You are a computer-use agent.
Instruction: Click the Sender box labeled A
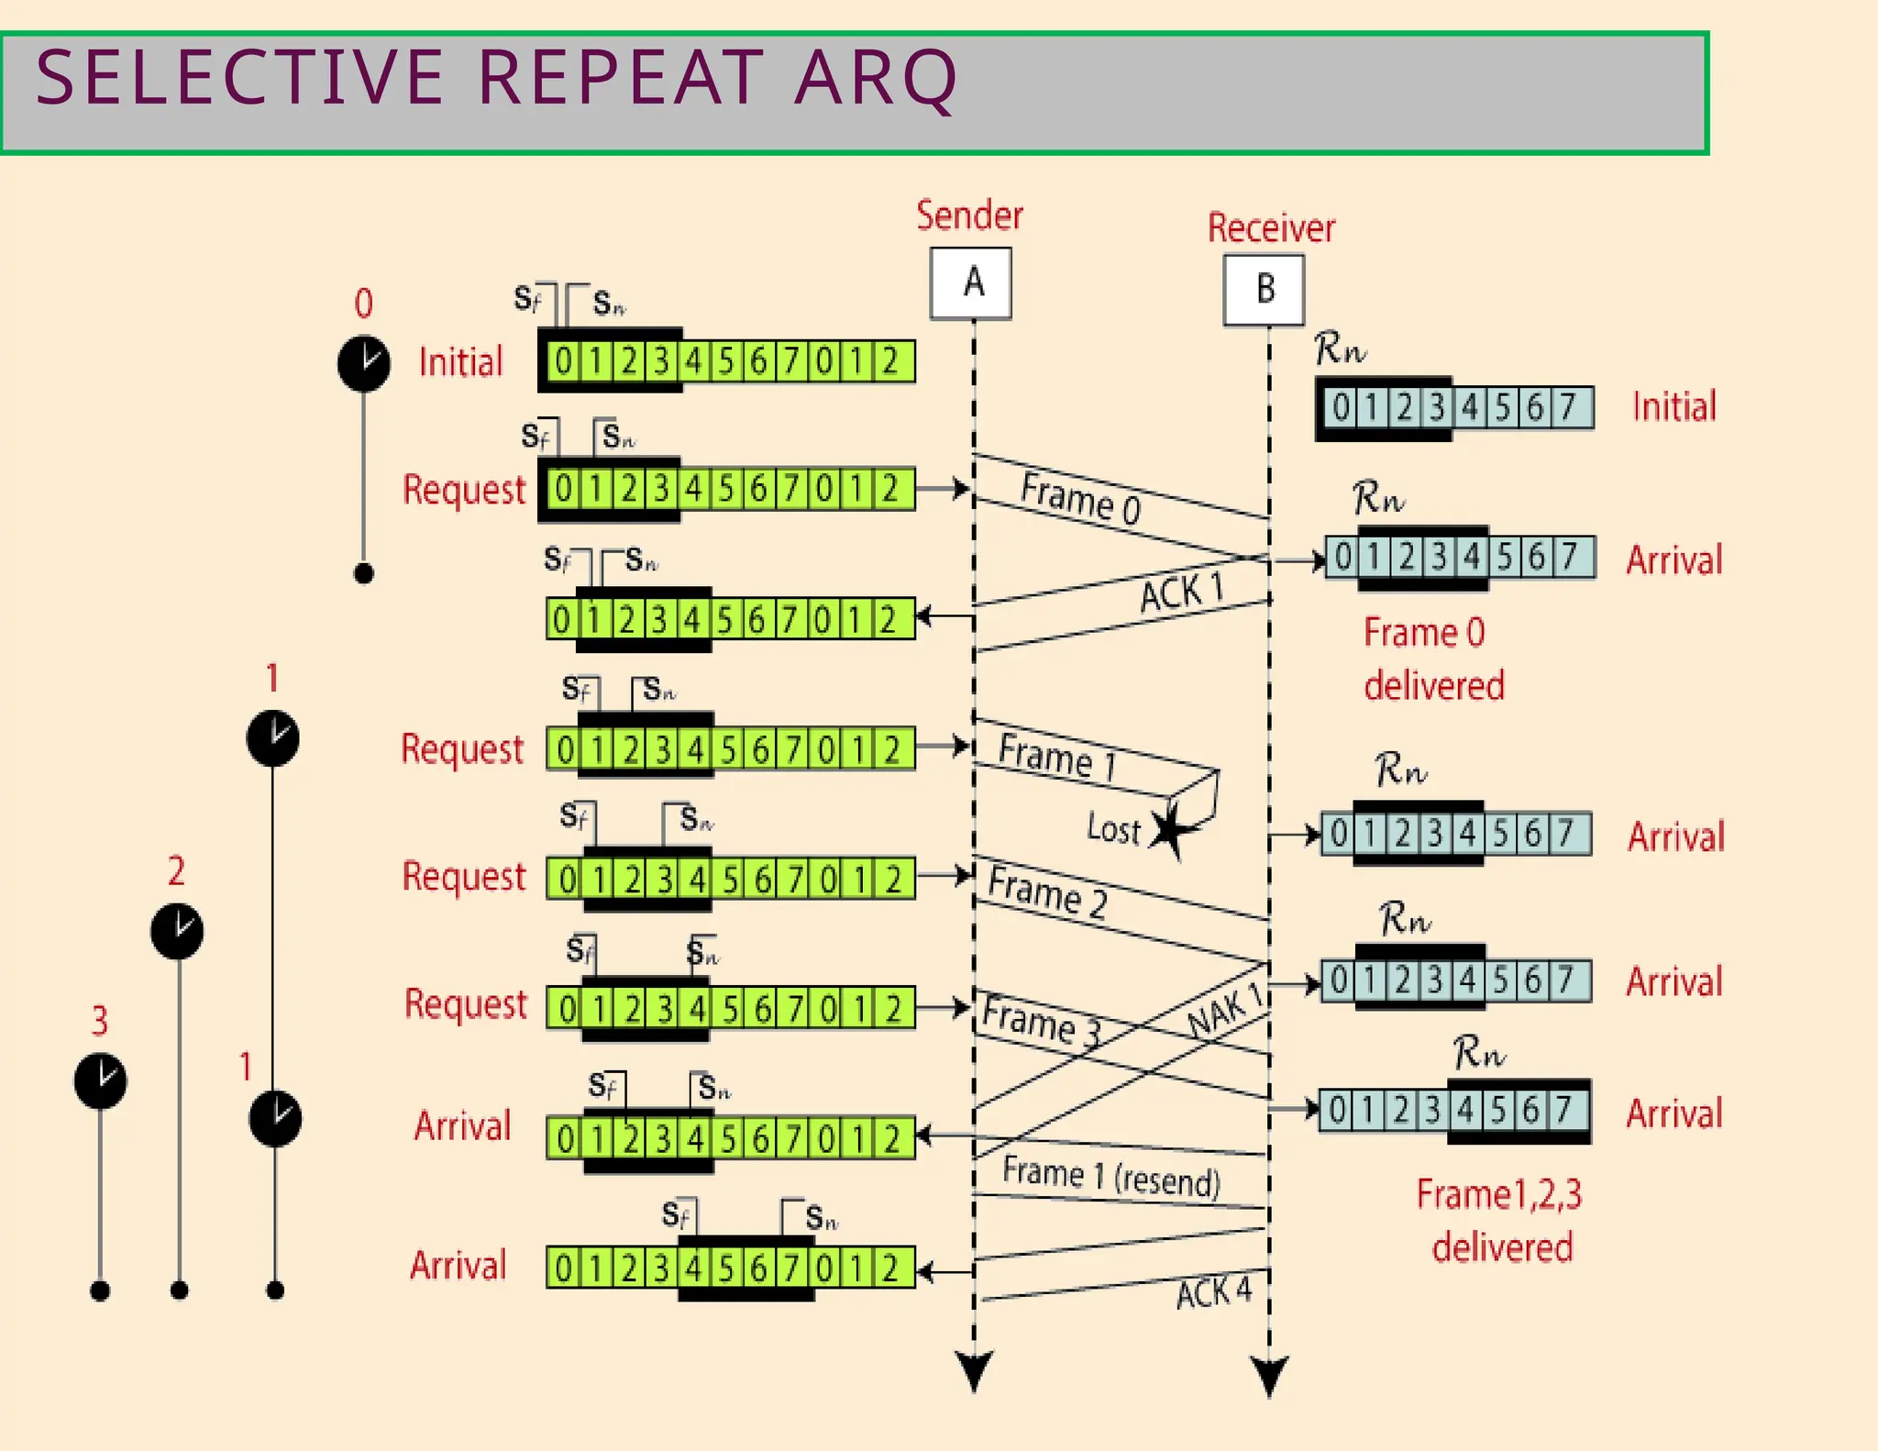point(971,283)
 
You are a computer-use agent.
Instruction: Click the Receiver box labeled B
point(1264,290)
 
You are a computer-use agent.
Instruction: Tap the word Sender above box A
point(969,216)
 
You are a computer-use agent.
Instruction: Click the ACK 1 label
point(1181,592)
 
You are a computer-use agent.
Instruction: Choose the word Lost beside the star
point(1113,828)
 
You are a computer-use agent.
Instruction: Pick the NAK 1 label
point(1225,1012)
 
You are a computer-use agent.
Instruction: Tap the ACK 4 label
point(1213,1292)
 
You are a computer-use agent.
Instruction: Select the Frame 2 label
point(1047,891)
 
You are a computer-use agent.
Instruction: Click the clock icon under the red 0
point(364,363)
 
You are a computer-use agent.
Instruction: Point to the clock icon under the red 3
point(100,1080)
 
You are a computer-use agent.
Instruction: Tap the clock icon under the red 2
point(177,931)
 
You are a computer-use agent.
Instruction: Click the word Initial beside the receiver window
point(1674,406)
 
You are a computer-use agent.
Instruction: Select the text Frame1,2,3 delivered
point(1500,1220)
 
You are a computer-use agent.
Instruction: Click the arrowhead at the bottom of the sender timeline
point(974,1370)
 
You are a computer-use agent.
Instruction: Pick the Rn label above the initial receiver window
point(1339,349)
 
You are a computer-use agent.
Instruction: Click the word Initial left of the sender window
point(460,362)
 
